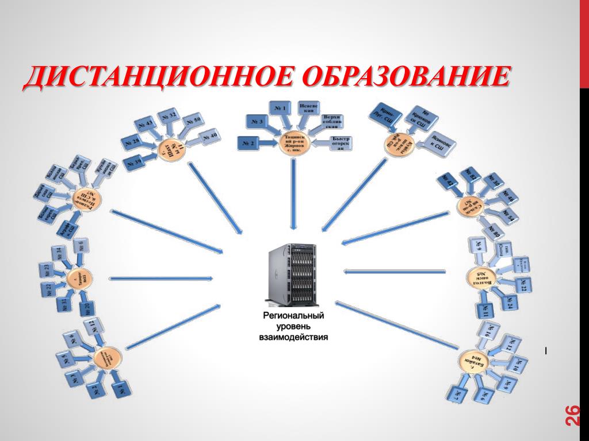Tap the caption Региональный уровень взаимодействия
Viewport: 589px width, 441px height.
[293, 327]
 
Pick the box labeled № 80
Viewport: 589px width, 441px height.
[494, 231]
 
